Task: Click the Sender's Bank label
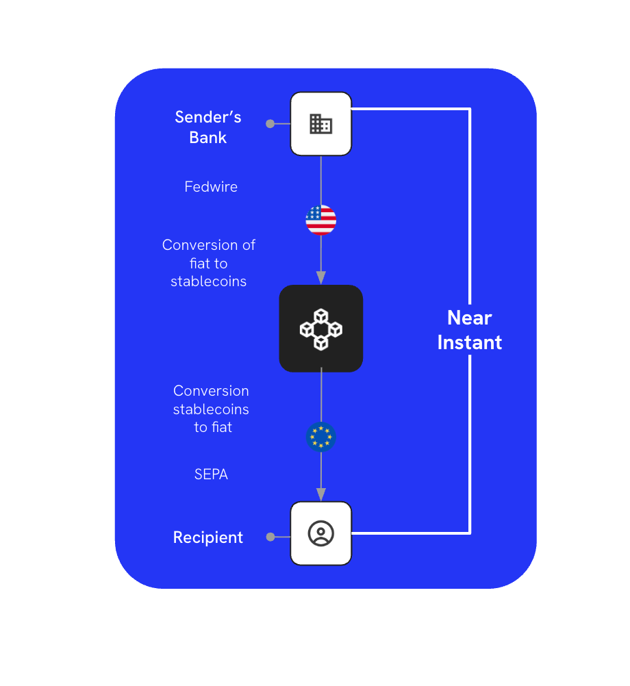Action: pos(208,127)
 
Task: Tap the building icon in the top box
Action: pos(320,124)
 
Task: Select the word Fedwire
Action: pos(211,186)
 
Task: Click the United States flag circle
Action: pos(320,220)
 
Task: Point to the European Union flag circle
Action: pos(320,437)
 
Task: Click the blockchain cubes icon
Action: pos(320,329)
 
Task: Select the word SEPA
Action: pos(211,474)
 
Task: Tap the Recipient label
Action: pos(208,537)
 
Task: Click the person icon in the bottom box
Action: pos(320,533)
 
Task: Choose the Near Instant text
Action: pos(470,330)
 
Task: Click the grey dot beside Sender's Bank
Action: pos(270,124)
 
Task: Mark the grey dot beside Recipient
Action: pos(270,537)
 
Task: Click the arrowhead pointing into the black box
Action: pos(320,277)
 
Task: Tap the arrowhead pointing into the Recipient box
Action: pos(320,494)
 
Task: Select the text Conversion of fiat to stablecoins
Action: pos(209,263)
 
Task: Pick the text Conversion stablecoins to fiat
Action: pos(212,409)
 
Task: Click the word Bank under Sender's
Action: pos(208,137)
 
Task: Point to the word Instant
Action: pos(470,342)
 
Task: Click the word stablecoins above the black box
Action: pos(209,281)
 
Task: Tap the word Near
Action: pos(470,318)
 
